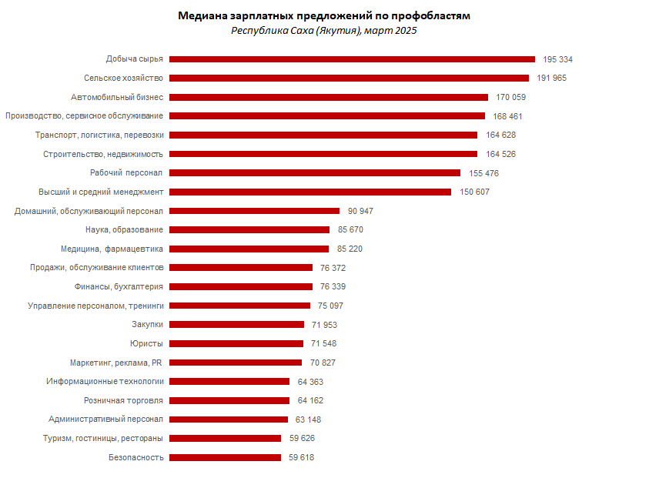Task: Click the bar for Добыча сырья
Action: point(352,59)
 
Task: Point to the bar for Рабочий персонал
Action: point(314,173)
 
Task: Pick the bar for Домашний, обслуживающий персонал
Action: point(254,211)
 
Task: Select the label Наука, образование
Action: point(124,229)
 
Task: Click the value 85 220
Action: point(350,249)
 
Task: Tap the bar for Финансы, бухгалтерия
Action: point(240,286)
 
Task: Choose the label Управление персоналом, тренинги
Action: point(95,306)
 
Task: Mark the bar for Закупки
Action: point(236,324)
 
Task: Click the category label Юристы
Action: point(146,343)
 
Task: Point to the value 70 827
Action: point(323,363)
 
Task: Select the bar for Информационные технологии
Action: point(229,381)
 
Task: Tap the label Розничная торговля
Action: point(123,400)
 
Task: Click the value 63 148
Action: point(308,420)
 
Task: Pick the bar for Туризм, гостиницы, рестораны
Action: point(225,438)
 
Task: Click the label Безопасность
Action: point(136,457)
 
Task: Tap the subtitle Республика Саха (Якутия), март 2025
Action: point(323,30)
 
